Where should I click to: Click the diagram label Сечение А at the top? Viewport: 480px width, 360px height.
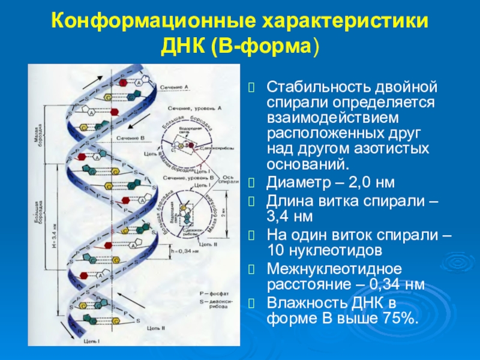click(x=175, y=88)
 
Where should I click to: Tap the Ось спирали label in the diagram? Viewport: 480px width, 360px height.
click(x=222, y=180)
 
